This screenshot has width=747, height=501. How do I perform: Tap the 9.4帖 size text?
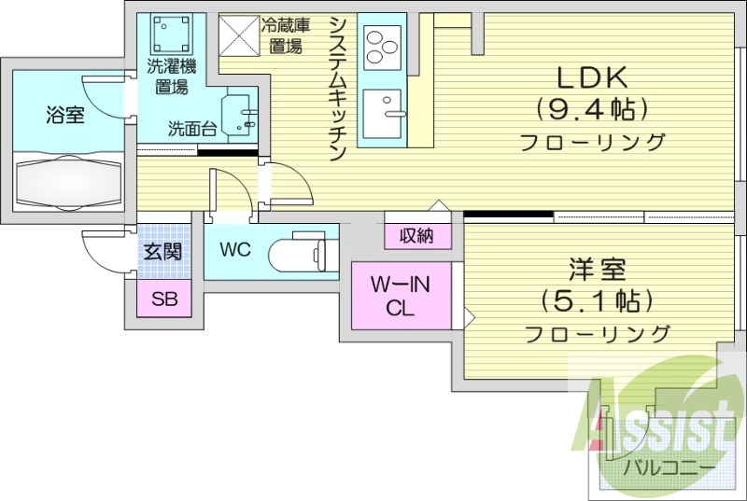[x=591, y=109]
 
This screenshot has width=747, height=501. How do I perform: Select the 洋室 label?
[x=596, y=271]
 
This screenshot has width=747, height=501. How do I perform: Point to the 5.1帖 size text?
[x=596, y=301]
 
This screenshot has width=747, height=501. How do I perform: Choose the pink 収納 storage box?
[x=416, y=236]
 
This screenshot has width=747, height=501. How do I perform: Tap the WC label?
[x=235, y=250]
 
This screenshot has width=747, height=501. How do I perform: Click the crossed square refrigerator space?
[x=240, y=35]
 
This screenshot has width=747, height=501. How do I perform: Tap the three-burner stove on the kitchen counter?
[x=381, y=45]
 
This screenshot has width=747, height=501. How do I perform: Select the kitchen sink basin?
[x=381, y=111]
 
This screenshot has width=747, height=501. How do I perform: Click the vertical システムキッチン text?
[x=339, y=89]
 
